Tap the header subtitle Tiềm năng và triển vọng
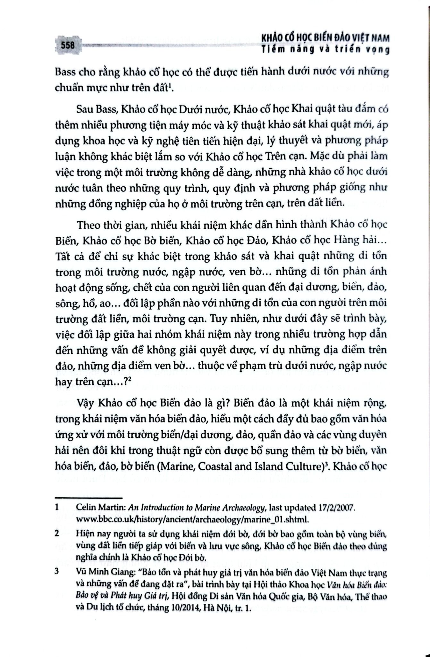tap(325, 50)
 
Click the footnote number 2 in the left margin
tap(57, 534)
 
